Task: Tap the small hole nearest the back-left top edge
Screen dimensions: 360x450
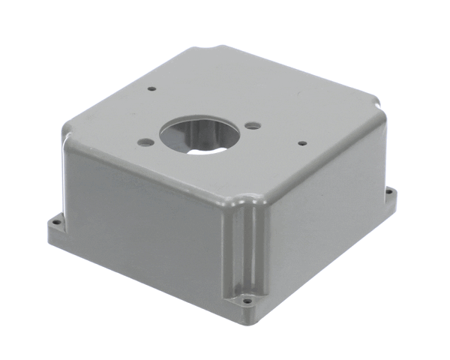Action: [x=151, y=88]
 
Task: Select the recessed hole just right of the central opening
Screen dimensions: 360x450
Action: [x=253, y=125]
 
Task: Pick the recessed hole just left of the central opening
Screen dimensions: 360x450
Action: [x=146, y=142]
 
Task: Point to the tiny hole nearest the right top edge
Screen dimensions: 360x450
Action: [x=301, y=142]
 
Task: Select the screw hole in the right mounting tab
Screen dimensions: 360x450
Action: [x=388, y=192]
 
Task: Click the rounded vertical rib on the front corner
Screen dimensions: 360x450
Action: [x=248, y=247]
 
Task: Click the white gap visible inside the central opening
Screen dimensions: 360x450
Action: [x=206, y=148]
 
